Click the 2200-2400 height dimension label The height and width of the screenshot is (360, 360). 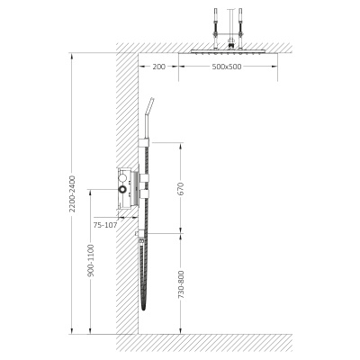pyautogui.click(x=72, y=193)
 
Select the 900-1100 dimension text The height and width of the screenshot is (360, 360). pyautogui.click(x=91, y=260)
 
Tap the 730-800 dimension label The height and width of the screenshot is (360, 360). pyautogui.click(x=181, y=284)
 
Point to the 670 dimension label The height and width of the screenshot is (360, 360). pyautogui.click(x=181, y=189)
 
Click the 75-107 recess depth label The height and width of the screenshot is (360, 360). pyautogui.click(x=105, y=225)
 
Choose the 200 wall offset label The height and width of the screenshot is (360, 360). pyautogui.click(x=158, y=67)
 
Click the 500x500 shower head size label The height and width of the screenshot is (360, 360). pyautogui.click(x=227, y=67)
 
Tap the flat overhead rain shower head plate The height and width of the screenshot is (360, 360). pyautogui.click(x=228, y=51)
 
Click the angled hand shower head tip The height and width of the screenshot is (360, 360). pyautogui.click(x=152, y=100)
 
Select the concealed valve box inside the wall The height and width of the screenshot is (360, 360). pyautogui.click(x=124, y=188)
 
